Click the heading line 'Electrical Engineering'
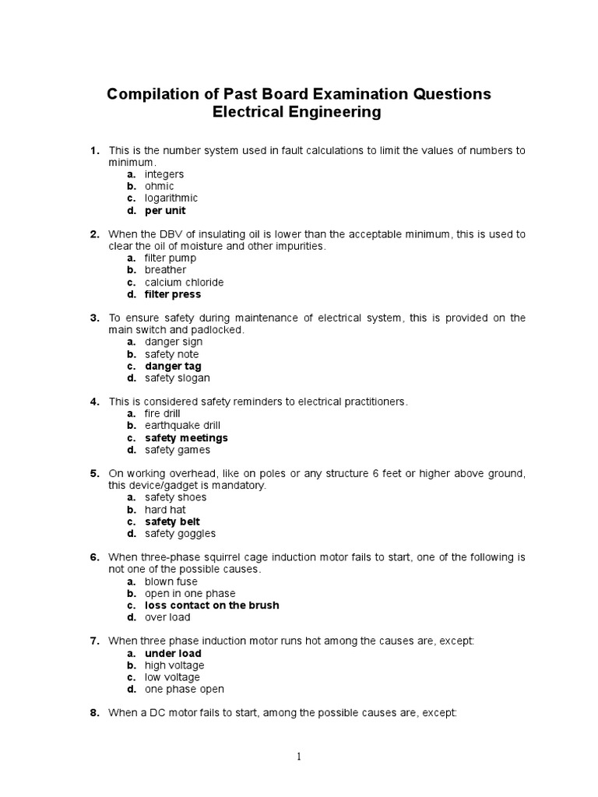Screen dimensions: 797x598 [298, 113]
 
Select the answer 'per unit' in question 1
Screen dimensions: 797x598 [165, 210]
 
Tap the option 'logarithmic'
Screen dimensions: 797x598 [171, 198]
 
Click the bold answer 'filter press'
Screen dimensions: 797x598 [173, 294]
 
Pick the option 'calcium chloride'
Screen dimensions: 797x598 [184, 283]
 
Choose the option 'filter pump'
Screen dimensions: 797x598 [171, 258]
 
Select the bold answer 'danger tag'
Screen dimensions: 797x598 [173, 366]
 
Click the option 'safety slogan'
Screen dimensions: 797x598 [177, 378]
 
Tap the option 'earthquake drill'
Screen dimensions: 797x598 [182, 426]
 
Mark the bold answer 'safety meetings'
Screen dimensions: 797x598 [186, 438]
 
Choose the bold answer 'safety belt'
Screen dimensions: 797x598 [172, 521]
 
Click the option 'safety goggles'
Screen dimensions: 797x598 [180, 534]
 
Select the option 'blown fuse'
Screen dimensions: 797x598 [171, 581]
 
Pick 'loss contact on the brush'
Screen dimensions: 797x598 [212, 605]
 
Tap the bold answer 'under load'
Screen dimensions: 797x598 [173, 653]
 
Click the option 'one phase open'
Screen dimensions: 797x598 [184, 689]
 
